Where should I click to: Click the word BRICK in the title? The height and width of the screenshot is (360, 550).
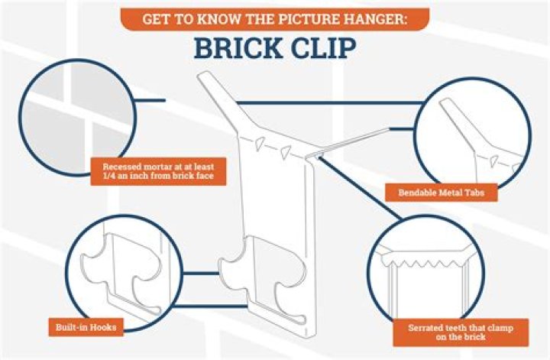point(238,48)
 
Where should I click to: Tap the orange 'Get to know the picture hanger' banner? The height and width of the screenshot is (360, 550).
point(275,19)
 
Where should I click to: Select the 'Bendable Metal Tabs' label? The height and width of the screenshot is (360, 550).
point(442,193)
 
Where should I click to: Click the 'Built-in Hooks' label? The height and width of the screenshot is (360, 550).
point(86,327)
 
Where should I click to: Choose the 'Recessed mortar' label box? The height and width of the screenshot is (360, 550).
point(158,171)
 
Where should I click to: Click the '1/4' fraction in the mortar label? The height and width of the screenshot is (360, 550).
point(109,176)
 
